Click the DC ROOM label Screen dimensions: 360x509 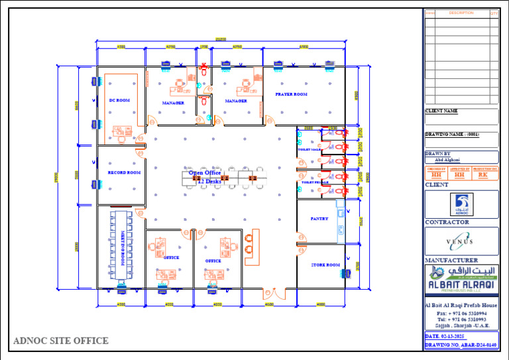pos(119,100)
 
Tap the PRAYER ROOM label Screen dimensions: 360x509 pos(291,94)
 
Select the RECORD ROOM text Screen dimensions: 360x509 pos(124,172)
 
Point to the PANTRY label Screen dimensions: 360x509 pos(319,218)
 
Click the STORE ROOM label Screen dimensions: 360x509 pos(325,265)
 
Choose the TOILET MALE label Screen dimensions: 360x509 pos(309,150)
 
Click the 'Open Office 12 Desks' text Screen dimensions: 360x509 pos(205,176)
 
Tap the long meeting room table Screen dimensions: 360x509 pos(121,244)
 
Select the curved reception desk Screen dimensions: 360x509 pos(251,247)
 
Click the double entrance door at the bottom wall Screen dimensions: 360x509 pos(270,292)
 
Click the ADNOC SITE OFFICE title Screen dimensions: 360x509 pos(61,341)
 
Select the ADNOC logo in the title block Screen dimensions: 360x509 pos(461,204)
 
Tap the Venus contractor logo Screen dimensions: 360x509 pos(461,241)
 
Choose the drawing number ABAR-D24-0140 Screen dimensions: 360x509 pos(461,345)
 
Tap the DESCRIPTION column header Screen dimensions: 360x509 pos(461,13)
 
